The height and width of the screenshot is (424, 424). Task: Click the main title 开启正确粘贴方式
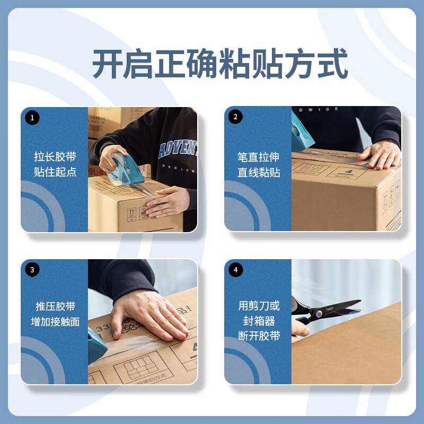click(220, 65)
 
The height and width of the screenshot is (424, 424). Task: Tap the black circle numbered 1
click(32, 118)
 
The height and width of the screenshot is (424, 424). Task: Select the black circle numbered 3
click(32, 270)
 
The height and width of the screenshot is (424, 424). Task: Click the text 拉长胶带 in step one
click(55, 157)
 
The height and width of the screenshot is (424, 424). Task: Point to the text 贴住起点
click(55, 172)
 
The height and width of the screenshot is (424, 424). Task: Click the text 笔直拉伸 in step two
click(258, 157)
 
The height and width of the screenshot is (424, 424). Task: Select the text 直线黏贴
click(258, 172)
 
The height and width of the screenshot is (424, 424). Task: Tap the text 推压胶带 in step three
click(55, 306)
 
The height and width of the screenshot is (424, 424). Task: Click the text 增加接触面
click(55, 322)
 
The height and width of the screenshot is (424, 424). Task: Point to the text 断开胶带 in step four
click(258, 336)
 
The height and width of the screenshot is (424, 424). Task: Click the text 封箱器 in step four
click(258, 321)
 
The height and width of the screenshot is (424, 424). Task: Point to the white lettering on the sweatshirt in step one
click(178, 151)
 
